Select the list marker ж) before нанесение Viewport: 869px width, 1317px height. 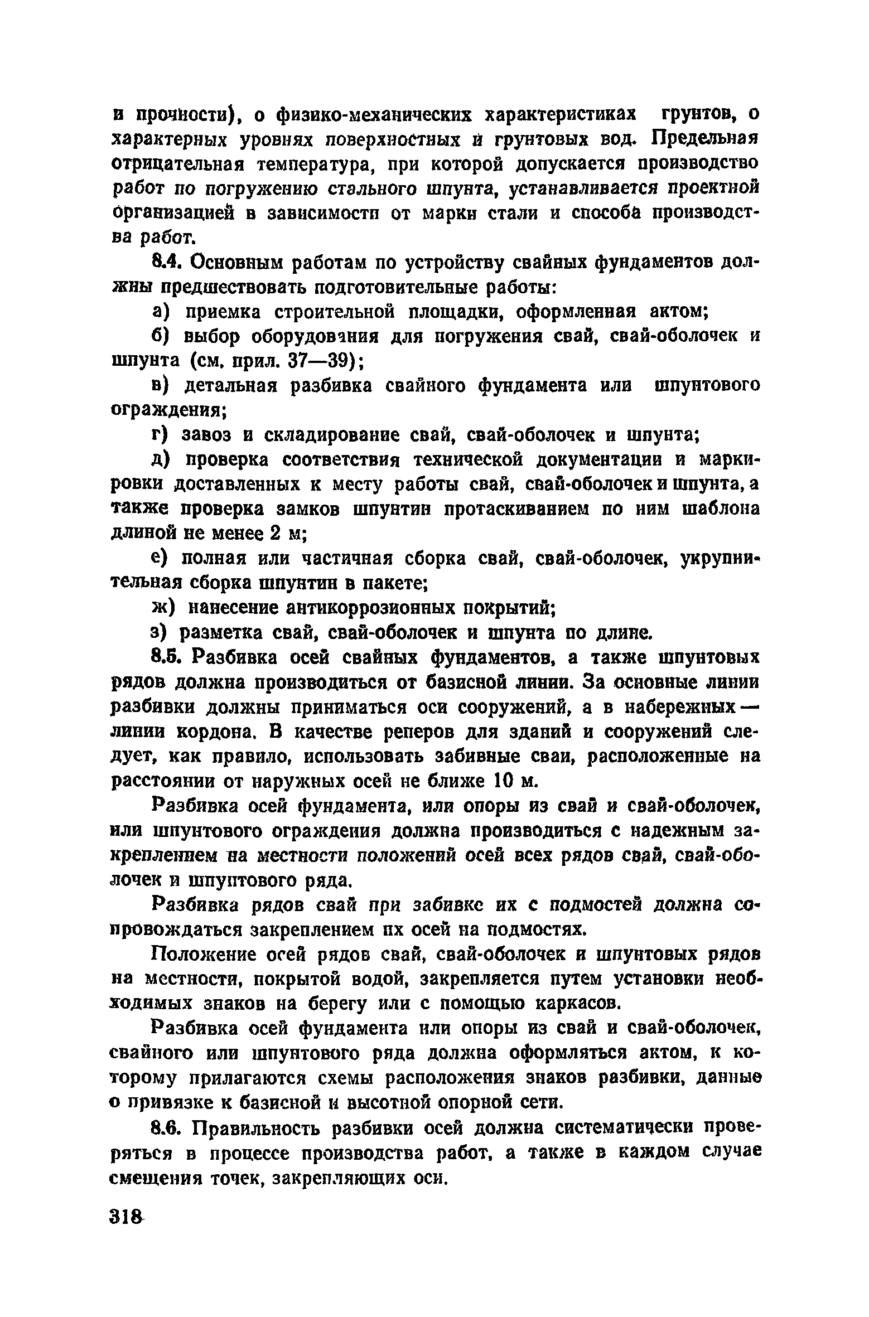coord(163,607)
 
